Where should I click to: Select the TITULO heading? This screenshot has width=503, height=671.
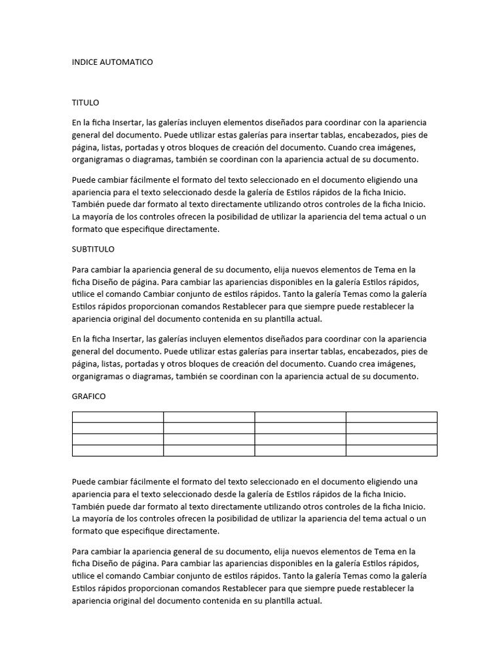pyautogui.click(x=85, y=103)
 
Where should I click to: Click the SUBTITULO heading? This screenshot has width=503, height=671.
pyautogui.click(x=93, y=249)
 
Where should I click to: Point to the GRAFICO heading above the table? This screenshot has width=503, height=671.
pyautogui.click(x=88, y=396)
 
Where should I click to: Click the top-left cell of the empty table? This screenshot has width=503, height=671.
pyautogui.click(x=117, y=417)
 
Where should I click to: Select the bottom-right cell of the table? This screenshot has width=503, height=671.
pyautogui.click(x=391, y=450)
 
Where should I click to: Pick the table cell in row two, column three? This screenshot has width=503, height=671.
pyautogui.click(x=300, y=428)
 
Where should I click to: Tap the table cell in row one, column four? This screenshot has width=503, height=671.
pyautogui.click(x=391, y=417)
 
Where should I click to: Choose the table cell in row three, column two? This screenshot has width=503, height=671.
pyautogui.click(x=208, y=439)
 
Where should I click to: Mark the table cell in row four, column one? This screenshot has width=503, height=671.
pyautogui.click(x=117, y=450)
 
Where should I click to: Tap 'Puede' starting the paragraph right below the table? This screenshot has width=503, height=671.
pyautogui.click(x=84, y=482)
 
